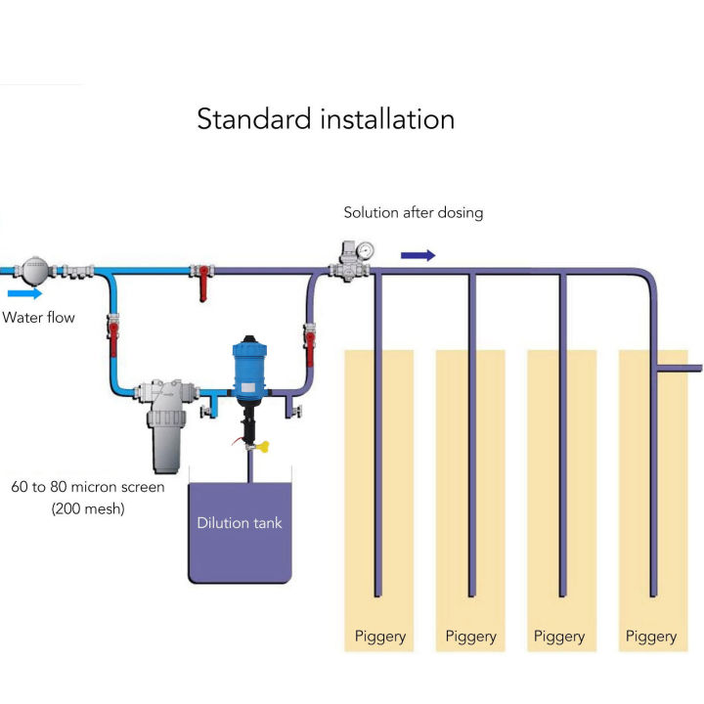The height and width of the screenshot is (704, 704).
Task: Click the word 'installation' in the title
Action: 388,119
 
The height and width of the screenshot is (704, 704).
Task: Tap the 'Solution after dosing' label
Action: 413,212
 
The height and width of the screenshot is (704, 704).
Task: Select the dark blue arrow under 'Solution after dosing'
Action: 418,255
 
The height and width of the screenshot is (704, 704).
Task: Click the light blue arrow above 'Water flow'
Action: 25,292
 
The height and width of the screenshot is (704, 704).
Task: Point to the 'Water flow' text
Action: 38,317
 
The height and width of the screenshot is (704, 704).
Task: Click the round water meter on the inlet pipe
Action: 35,266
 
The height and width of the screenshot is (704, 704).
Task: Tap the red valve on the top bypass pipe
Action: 203,281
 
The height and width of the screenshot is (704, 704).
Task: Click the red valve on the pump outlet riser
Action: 311,337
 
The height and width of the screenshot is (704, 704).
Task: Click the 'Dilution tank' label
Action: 240,523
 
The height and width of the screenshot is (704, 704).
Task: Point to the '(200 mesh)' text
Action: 88,508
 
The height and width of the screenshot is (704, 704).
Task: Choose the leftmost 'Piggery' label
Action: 380,637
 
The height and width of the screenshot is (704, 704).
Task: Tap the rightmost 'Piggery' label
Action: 651,637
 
